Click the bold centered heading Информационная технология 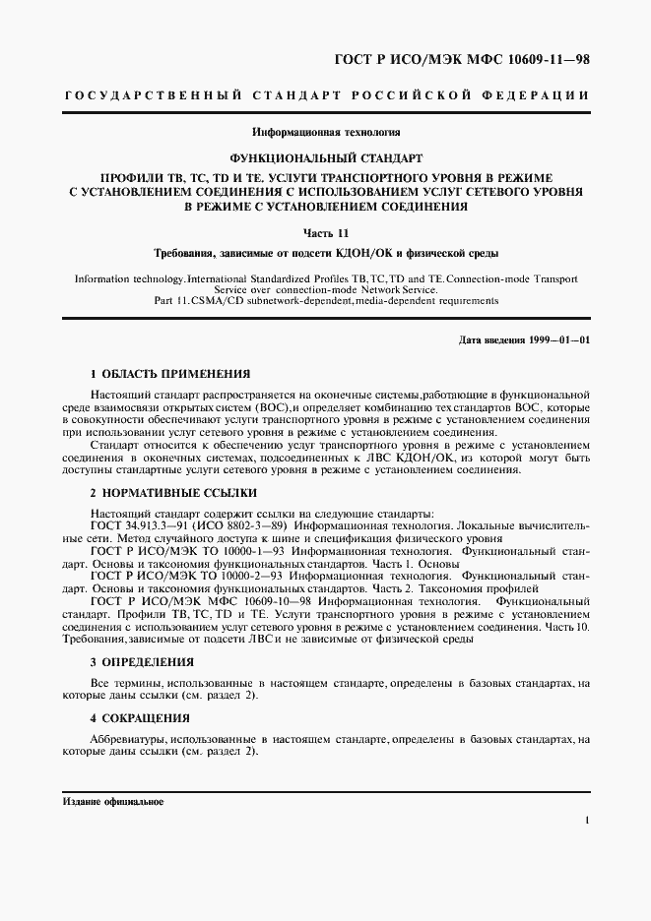[325, 131]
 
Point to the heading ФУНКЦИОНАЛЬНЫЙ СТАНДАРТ [325, 156]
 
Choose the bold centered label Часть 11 [325, 231]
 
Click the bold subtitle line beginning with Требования [325, 253]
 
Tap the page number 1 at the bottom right [586, 820]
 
